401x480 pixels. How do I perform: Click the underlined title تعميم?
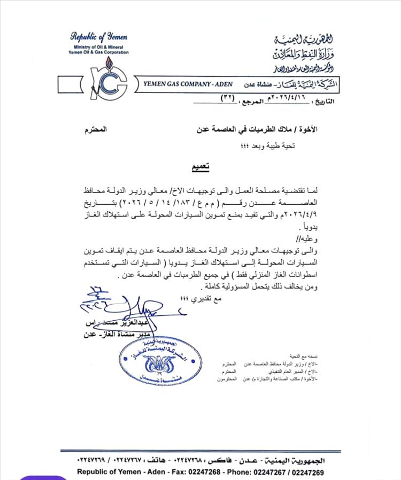point(201,167)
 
